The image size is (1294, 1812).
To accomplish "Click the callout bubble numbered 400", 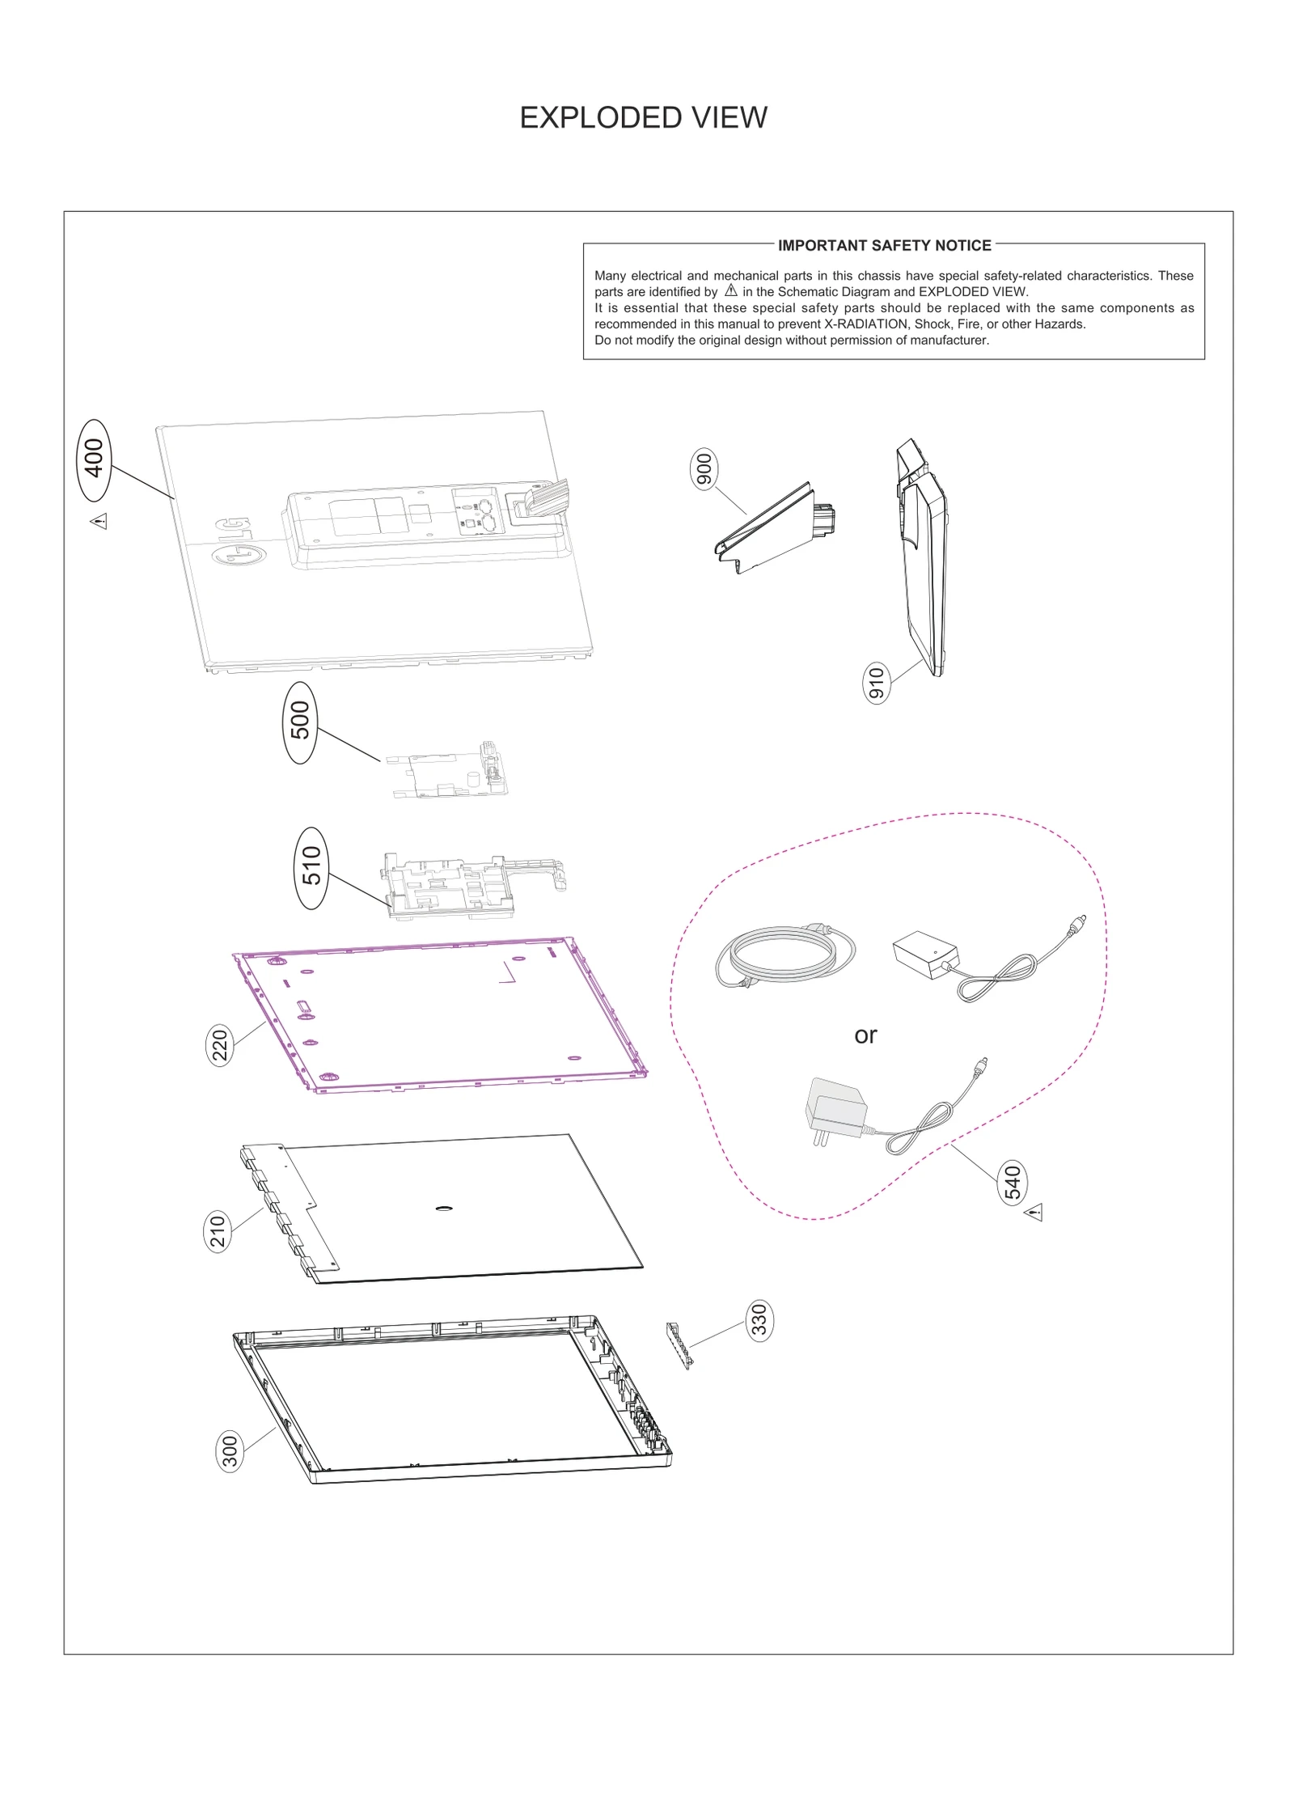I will point(95,459).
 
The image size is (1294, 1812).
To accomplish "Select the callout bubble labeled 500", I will point(300,722).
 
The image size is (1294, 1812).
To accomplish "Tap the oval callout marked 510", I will point(312,867).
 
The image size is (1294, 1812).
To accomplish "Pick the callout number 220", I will point(221,1044).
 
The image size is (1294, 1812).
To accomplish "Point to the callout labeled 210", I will point(218,1231).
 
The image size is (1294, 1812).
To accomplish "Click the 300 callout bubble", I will point(230,1451).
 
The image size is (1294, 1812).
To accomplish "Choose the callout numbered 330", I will point(759,1320).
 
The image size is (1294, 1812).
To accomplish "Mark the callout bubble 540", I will point(1013,1183).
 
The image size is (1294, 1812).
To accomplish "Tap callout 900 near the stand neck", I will point(704,470).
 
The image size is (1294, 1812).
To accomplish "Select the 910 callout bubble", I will point(877,682).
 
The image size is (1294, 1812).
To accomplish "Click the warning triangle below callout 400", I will point(99,520).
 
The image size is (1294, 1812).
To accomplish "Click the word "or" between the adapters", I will point(865,1035).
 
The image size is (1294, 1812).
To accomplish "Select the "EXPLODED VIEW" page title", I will point(643,118).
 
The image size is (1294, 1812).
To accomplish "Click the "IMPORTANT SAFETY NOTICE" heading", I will point(884,245).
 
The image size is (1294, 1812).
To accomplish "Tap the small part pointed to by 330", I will point(679,1345).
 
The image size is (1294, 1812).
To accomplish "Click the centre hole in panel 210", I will point(443,1209).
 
